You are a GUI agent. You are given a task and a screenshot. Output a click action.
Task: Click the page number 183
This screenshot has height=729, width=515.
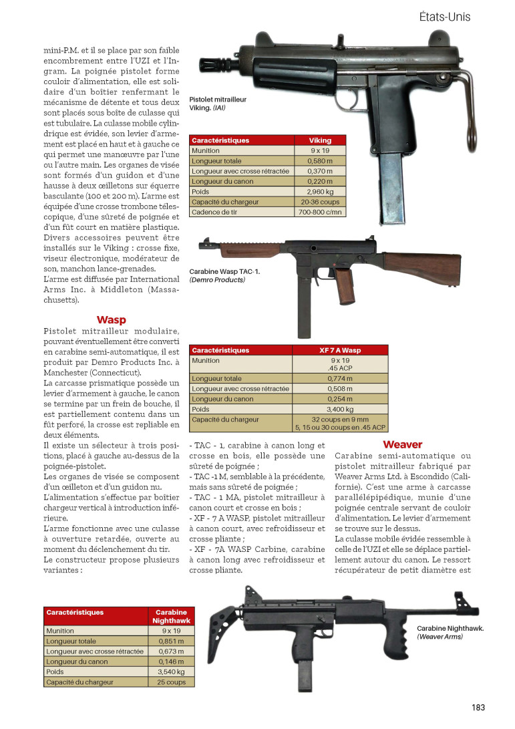pos(477,708)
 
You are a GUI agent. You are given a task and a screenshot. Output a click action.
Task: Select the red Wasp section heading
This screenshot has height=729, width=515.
pos(112,320)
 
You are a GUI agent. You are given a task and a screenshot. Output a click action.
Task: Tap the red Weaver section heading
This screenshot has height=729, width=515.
pos(402,444)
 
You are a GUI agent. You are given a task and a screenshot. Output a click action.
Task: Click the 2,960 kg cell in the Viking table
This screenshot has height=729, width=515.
pos(320,192)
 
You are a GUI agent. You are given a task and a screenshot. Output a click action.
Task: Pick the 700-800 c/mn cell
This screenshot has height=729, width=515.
pos(320,212)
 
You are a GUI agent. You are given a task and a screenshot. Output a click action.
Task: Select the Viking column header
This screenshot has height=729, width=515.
pos(320,140)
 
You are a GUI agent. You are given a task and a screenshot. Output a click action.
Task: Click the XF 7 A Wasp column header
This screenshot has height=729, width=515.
pos(341,350)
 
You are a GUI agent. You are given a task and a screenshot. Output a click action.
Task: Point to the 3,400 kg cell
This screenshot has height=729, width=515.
pos(341,409)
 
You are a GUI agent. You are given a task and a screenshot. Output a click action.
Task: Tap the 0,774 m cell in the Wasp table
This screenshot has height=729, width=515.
pos(341,378)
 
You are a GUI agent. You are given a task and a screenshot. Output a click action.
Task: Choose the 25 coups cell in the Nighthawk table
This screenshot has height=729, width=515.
pos(172,682)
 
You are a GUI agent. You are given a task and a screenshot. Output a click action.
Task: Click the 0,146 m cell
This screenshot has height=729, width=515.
pos(172,662)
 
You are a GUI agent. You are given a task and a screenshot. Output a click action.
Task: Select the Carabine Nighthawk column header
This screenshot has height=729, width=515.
pos(172,616)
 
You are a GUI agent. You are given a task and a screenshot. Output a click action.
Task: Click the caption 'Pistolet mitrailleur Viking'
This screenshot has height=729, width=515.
pos(218,102)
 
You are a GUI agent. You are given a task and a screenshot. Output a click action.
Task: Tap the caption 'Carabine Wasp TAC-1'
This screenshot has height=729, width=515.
pos(224,276)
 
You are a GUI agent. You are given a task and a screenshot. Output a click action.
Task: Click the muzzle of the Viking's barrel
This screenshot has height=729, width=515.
pos(202,65)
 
